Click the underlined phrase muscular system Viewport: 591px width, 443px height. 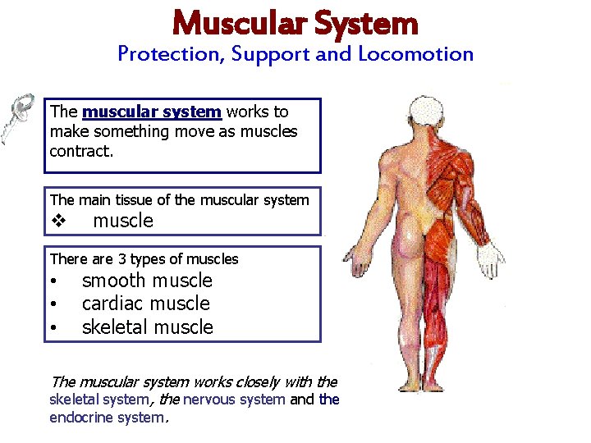[152, 112]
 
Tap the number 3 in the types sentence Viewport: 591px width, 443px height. [122, 259]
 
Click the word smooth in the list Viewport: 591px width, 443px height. [113, 281]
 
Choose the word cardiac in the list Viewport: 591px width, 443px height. [113, 304]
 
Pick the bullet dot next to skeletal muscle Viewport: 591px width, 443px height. [53, 328]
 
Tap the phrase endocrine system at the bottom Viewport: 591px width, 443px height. [107, 418]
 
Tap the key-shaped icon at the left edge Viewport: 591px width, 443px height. [16, 116]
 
